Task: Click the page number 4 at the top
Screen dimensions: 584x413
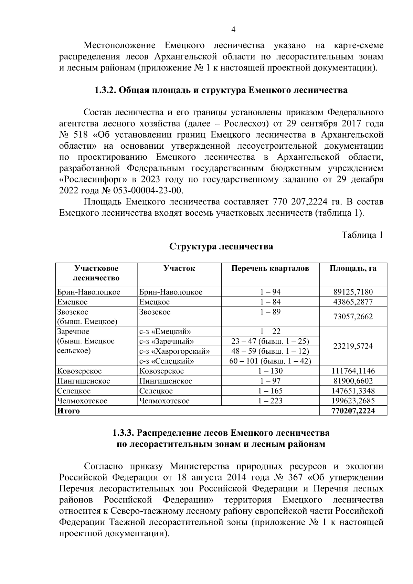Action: tap(233, 30)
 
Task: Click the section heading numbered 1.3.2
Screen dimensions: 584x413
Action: tap(221, 91)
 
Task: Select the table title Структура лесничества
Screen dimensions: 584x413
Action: tap(221, 246)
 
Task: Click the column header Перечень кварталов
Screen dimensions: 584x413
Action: tap(270, 268)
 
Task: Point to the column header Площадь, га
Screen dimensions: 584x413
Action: tap(353, 268)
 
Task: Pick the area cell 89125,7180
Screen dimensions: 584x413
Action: tap(353, 292)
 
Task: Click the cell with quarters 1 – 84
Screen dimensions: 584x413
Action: tap(270, 302)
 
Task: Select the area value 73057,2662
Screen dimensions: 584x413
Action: tap(353, 317)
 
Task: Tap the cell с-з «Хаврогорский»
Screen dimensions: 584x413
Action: tap(174, 351)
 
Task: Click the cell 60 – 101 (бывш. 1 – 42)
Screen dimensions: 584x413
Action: tap(270, 361)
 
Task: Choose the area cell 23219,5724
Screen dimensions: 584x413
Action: tap(353, 346)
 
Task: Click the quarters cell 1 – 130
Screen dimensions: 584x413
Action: tap(270, 371)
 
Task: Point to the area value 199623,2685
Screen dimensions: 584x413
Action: tap(353, 401)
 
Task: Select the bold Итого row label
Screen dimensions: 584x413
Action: tap(68, 411)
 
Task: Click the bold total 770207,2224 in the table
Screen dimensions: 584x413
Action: tap(353, 411)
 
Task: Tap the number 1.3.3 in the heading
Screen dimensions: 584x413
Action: tap(124, 433)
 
